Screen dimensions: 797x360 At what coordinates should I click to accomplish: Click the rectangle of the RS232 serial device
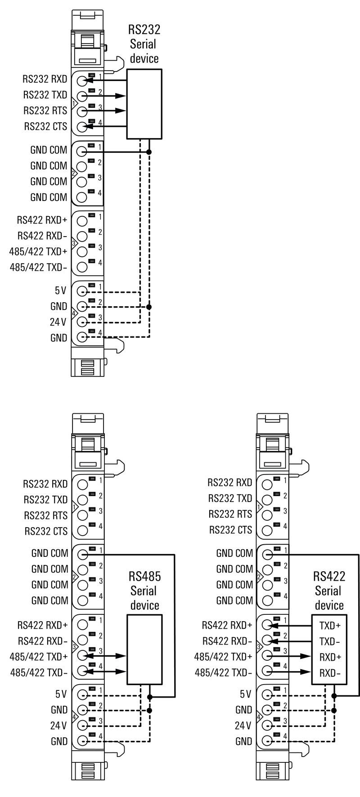click(144, 104)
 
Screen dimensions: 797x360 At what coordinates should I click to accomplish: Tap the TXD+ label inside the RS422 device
click(330, 625)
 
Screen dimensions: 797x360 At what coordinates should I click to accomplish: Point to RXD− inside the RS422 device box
click(330, 673)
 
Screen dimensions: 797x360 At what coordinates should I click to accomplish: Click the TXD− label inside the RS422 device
click(330, 641)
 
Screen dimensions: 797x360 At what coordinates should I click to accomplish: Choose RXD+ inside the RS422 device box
click(330, 657)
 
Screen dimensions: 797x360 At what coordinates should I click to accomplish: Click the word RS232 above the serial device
click(144, 30)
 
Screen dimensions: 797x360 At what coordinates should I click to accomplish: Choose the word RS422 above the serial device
click(329, 577)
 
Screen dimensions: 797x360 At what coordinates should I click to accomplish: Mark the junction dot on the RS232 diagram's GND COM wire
click(149, 152)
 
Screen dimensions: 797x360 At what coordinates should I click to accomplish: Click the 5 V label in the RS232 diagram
click(60, 291)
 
